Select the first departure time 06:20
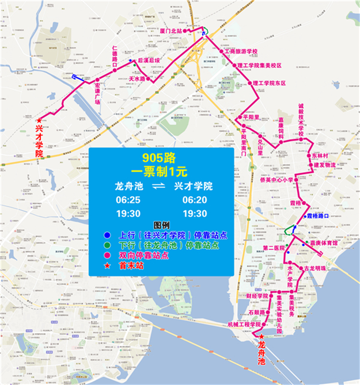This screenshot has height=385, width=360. click(x=194, y=200)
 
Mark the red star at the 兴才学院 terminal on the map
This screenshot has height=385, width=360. click(x=39, y=120)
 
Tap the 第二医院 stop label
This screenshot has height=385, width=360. click(x=274, y=248)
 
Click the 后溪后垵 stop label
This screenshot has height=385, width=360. click(x=147, y=60)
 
